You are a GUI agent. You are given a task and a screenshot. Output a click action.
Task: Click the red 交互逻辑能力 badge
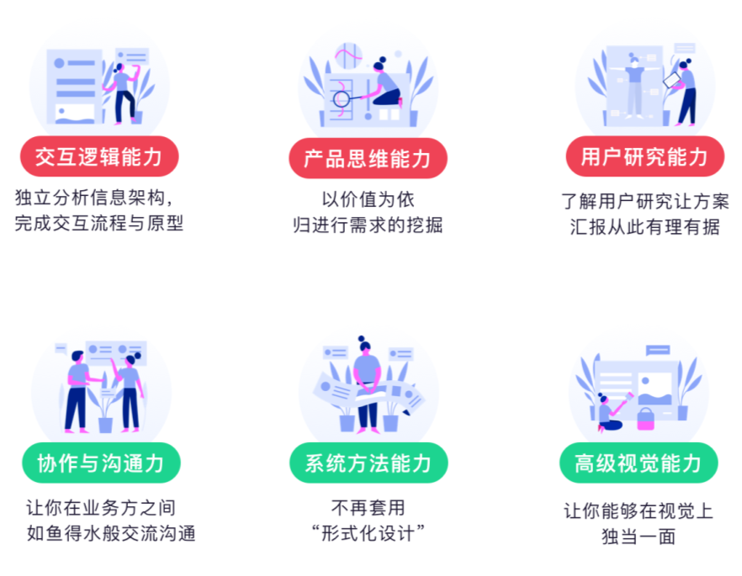tap(99, 156)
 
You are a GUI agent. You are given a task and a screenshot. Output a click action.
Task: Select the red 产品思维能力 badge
tap(368, 157)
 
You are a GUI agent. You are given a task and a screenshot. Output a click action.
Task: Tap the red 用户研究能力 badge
tap(644, 156)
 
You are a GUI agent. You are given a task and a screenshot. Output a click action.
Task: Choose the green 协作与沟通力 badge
tap(100, 462)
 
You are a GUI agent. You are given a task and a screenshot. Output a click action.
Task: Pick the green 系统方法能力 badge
tap(368, 462)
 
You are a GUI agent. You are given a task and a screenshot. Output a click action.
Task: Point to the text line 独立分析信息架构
tap(93, 199)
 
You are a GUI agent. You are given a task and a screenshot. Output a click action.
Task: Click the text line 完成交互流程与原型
tap(99, 224)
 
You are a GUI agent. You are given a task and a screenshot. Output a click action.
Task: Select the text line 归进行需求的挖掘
tap(368, 225)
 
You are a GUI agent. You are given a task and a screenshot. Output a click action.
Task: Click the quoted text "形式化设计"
tap(368, 533)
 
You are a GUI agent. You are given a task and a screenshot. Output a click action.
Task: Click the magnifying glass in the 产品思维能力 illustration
tap(342, 98)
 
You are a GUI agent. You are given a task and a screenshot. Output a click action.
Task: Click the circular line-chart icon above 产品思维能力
tap(347, 56)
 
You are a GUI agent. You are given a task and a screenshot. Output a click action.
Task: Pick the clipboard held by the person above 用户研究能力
tap(672, 79)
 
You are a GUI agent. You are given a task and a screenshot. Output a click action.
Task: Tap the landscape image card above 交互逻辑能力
tap(73, 112)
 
